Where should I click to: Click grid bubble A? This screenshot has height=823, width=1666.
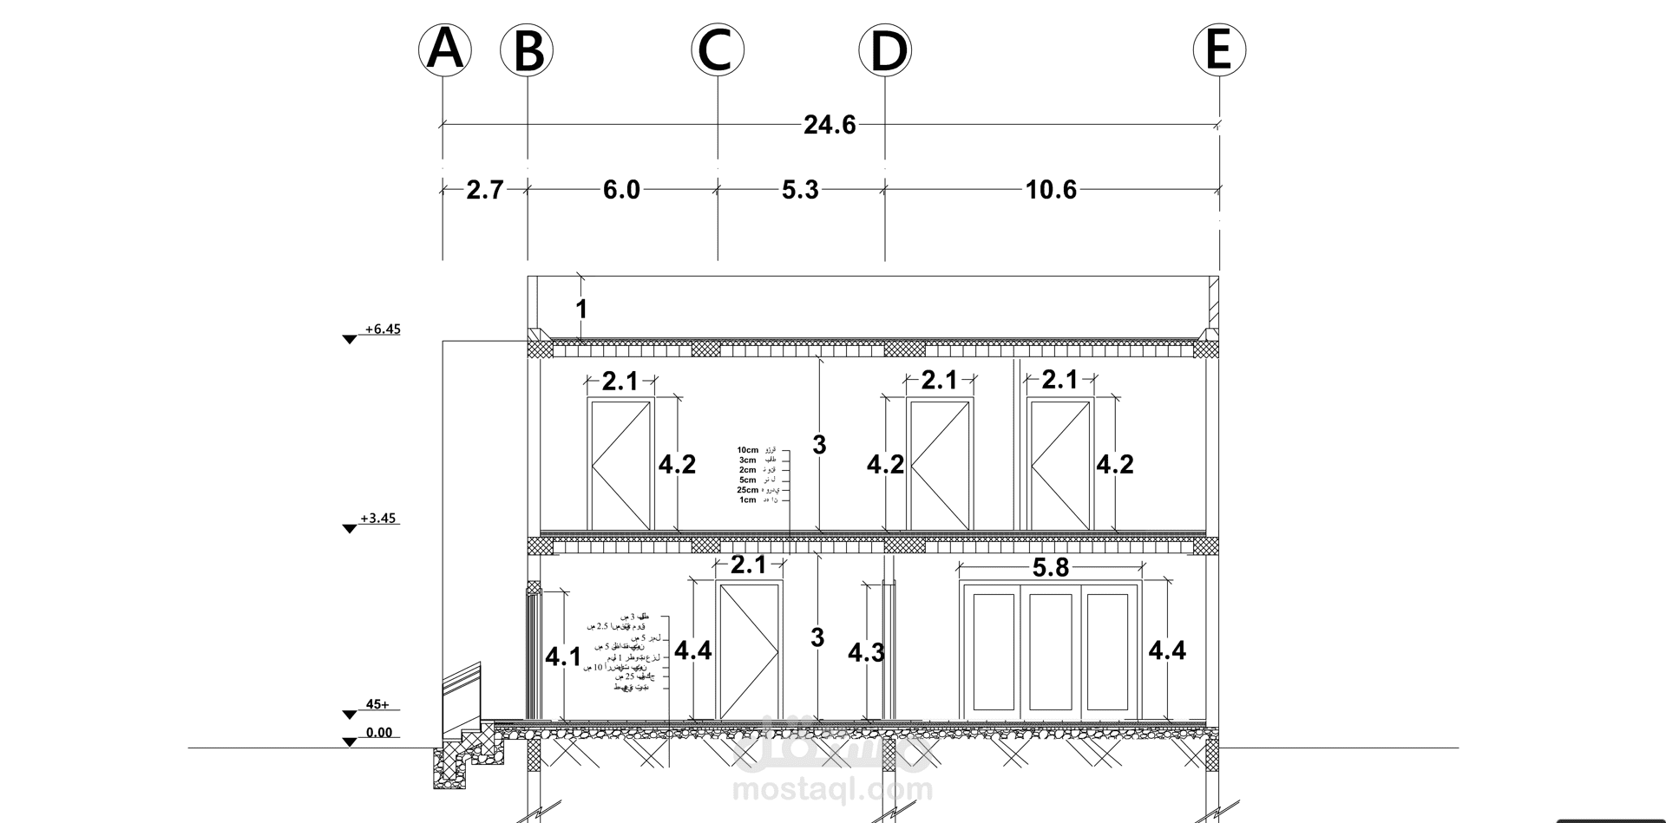click(444, 49)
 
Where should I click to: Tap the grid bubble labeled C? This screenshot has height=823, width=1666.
click(717, 49)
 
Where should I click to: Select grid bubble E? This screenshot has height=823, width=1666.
click(1218, 49)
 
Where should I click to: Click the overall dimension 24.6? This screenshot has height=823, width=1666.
click(830, 126)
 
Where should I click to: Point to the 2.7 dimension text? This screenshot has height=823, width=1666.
click(484, 190)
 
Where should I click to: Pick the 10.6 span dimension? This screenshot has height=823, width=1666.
click(1051, 190)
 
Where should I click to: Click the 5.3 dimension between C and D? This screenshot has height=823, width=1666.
click(800, 190)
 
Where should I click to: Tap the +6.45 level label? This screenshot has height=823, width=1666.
click(382, 330)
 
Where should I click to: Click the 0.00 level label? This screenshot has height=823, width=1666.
click(378, 733)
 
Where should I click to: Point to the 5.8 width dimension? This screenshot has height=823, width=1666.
click(1050, 568)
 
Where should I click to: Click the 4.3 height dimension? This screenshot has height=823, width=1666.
click(866, 653)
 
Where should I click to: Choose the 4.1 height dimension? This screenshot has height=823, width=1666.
click(563, 657)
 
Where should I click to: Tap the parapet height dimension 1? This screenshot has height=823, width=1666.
click(581, 309)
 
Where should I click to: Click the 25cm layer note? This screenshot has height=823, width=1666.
click(748, 490)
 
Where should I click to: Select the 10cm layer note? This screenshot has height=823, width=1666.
click(748, 450)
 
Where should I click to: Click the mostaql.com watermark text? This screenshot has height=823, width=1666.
click(833, 790)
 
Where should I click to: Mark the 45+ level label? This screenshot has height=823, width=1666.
click(377, 705)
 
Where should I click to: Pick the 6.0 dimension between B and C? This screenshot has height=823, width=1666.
click(621, 190)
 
